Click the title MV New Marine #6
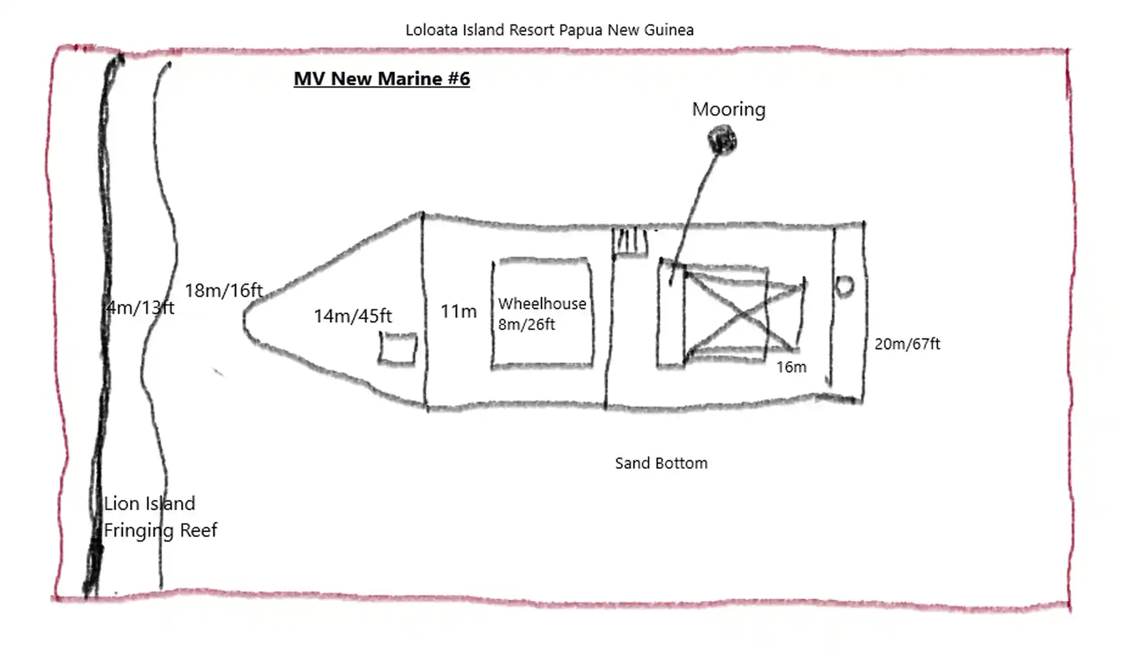pyautogui.click(x=382, y=79)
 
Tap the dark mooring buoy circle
pyautogui.click(x=722, y=140)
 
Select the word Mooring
pyautogui.click(x=728, y=110)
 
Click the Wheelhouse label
pyautogui.click(x=542, y=304)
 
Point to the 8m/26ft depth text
pyautogui.click(x=526, y=325)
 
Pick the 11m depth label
pyautogui.click(x=458, y=312)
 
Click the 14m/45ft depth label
pyautogui.click(x=352, y=316)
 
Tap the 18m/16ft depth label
pyautogui.click(x=224, y=291)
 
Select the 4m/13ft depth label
pyautogui.click(x=141, y=308)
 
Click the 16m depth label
pyautogui.click(x=791, y=367)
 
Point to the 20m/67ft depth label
pyautogui.click(x=907, y=344)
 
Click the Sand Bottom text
pyautogui.click(x=661, y=464)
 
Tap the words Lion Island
pyautogui.click(x=149, y=504)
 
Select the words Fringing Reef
pyautogui.click(x=160, y=530)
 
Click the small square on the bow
pyautogui.click(x=397, y=348)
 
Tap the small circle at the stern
pyautogui.click(x=844, y=287)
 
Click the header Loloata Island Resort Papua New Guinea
pyautogui.click(x=549, y=30)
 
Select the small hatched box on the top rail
pyautogui.click(x=630, y=242)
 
